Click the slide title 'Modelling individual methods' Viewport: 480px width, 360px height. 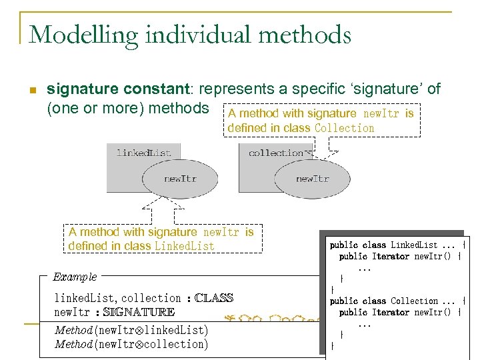click(190, 34)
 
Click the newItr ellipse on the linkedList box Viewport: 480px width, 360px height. click(179, 178)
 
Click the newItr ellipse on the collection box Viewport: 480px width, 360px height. click(312, 178)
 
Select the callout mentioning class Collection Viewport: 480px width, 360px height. click(320, 121)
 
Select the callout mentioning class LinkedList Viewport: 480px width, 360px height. click(161, 239)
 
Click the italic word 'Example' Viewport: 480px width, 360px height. click(75, 277)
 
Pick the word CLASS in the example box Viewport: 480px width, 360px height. click(213, 298)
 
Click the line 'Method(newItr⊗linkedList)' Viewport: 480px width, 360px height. click(131, 330)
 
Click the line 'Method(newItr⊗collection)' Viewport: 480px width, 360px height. click(131, 344)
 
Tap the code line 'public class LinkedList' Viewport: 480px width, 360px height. click(397, 245)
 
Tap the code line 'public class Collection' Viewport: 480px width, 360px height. click(397, 301)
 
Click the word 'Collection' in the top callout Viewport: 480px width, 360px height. click(344, 128)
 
